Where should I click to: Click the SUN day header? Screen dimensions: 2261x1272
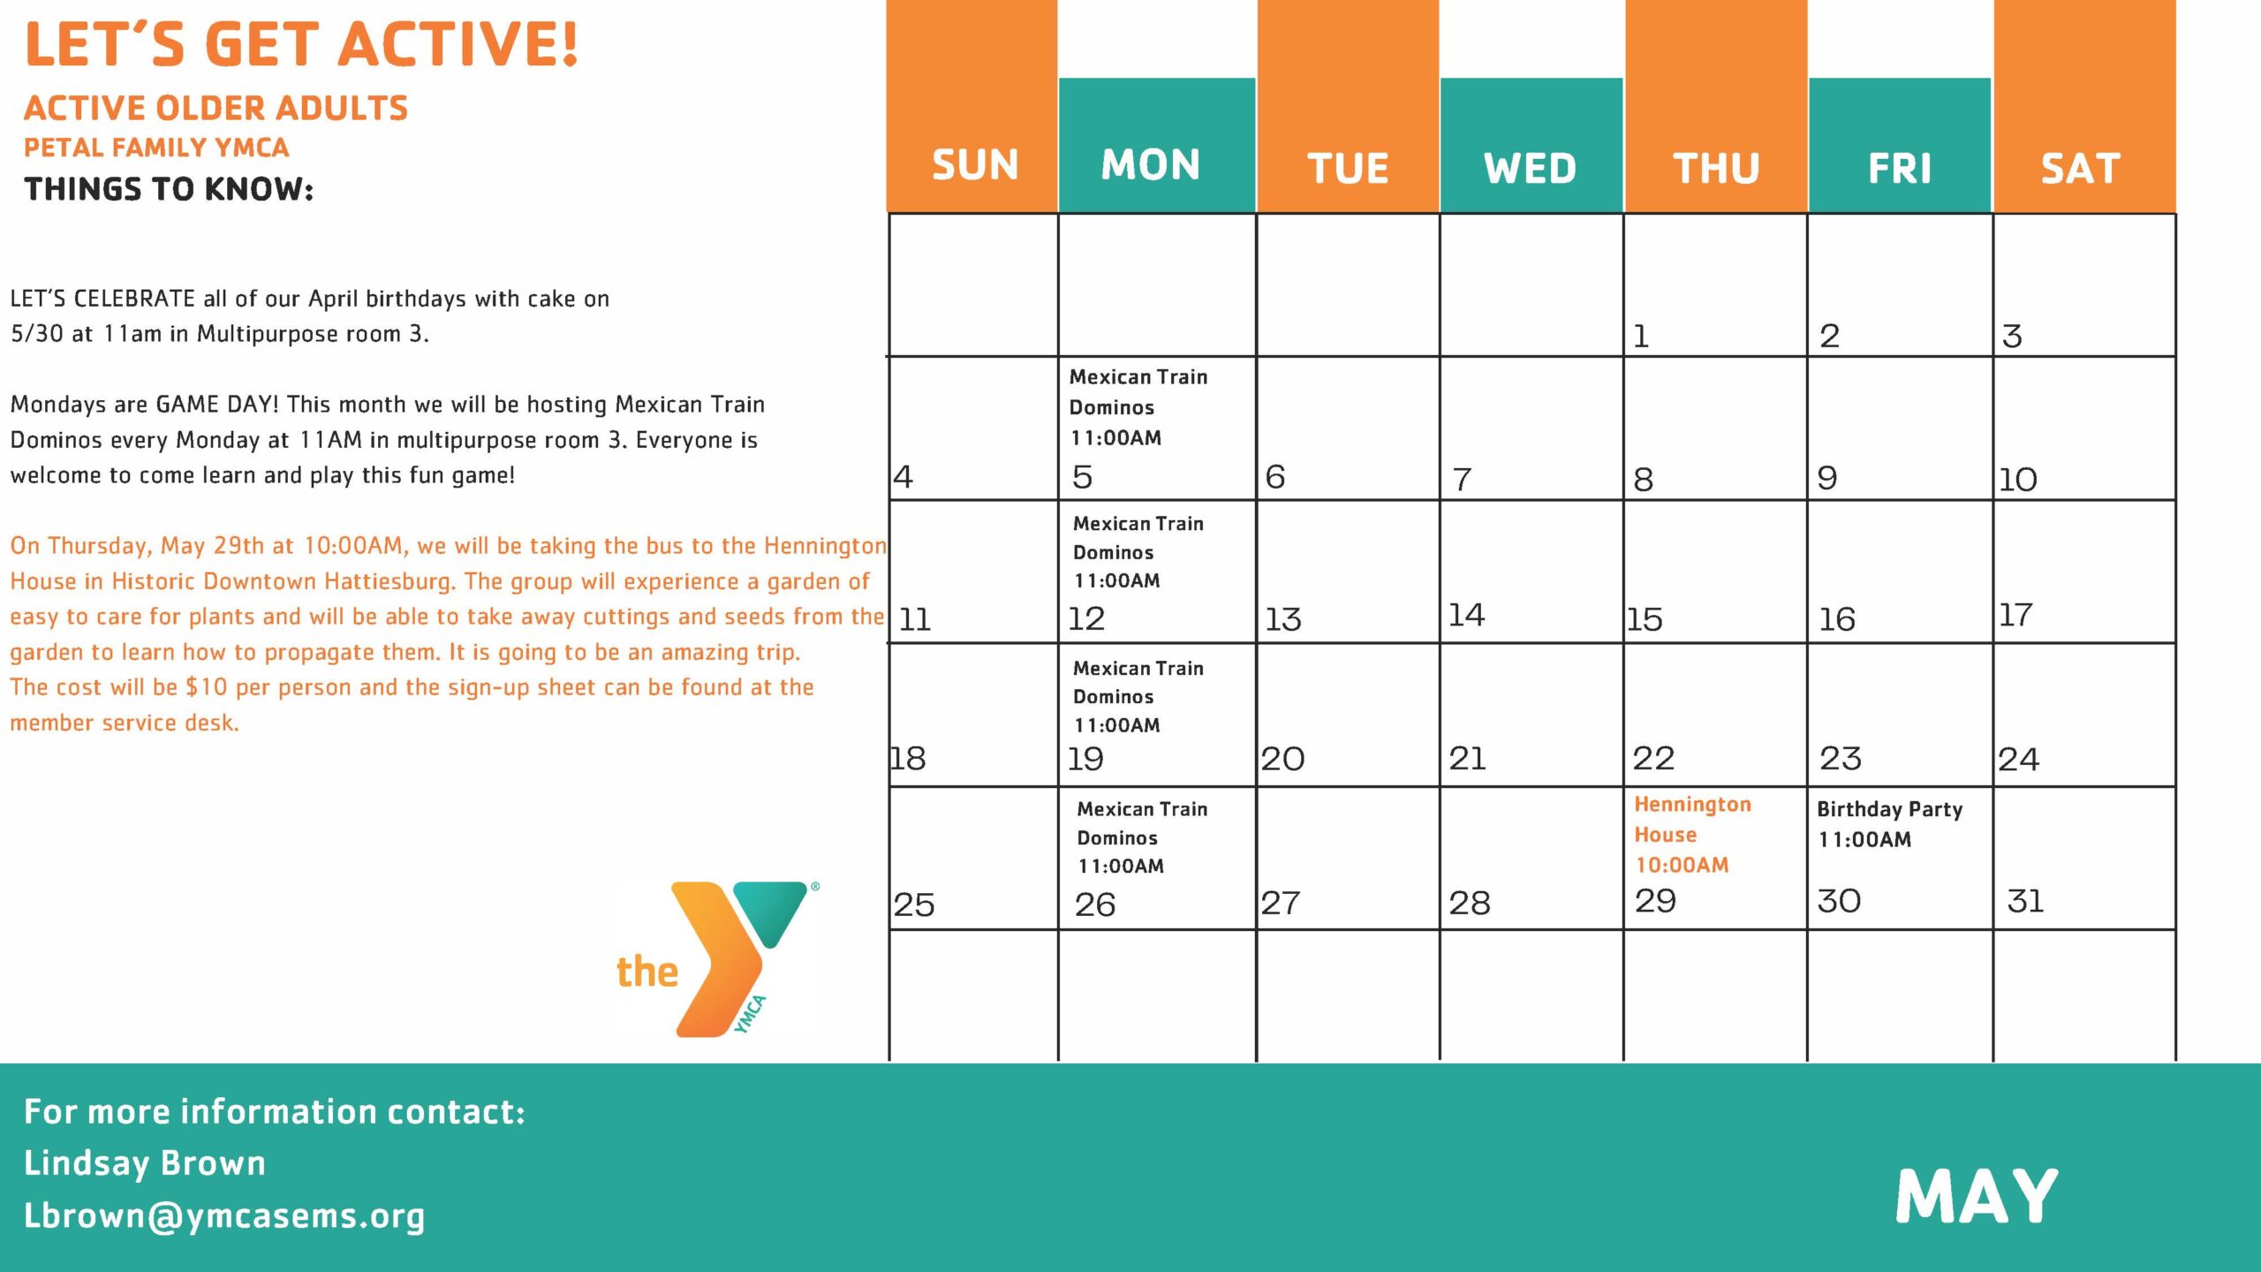pyautogui.click(x=975, y=165)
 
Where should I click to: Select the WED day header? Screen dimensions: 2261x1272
pyautogui.click(x=1530, y=169)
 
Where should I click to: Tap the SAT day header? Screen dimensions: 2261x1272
pyautogui.click(x=2080, y=169)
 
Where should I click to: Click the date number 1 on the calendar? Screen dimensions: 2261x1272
pyautogui.click(x=1641, y=337)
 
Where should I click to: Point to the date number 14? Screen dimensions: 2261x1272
pyautogui.click(x=1466, y=615)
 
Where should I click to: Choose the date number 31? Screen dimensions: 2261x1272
pyautogui.click(x=2025, y=901)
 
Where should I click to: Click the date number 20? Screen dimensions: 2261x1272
pyautogui.click(x=1282, y=759)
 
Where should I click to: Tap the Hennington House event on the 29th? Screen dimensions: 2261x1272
pyautogui.click(x=1692, y=835)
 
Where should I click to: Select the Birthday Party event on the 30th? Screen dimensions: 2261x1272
pyautogui.click(x=1889, y=824)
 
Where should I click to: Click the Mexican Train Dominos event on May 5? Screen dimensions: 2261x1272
pyautogui.click(x=1138, y=407)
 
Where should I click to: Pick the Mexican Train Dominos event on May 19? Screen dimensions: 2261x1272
pyautogui.click(x=1138, y=697)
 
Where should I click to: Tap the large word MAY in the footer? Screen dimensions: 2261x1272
pyautogui.click(x=1977, y=1196)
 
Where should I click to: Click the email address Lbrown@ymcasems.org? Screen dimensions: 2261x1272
pyautogui.click(x=224, y=1216)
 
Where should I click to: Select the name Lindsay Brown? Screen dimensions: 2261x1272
pyautogui.click(x=145, y=1163)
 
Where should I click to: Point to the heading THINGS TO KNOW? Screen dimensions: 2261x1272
pyautogui.click(x=169, y=189)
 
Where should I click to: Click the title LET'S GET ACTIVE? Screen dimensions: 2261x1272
pyautogui.click(x=302, y=43)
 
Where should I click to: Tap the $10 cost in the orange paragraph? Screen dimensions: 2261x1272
pyautogui.click(x=207, y=687)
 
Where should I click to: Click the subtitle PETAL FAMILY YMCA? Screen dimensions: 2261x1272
pyautogui.click(x=156, y=148)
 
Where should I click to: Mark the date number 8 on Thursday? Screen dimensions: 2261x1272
pyautogui.click(x=1643, y=480)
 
